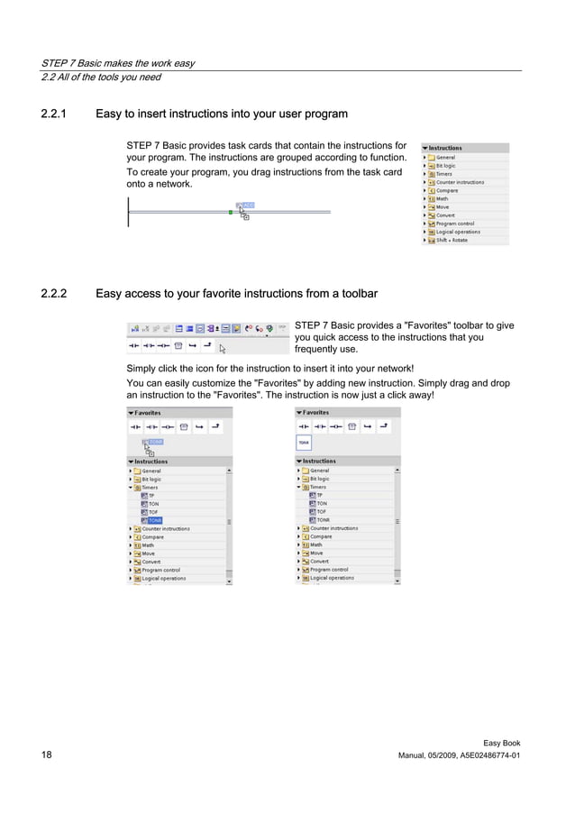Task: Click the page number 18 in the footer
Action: [46, 755]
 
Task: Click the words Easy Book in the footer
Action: [501, 743]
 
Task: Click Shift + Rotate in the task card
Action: [452, 241]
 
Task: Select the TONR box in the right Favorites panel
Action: [305, 443]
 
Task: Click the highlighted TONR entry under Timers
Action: [155, 520]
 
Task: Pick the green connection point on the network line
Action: [231, 212]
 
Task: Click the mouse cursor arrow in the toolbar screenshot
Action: [223, 348]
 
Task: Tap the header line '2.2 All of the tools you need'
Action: [102, 78]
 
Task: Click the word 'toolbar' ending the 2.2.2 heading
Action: [358, 294]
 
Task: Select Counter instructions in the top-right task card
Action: [460, 182]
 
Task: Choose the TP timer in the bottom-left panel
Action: [151, 495]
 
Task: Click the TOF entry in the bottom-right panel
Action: [321, 512]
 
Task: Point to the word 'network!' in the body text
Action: [393, 368]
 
